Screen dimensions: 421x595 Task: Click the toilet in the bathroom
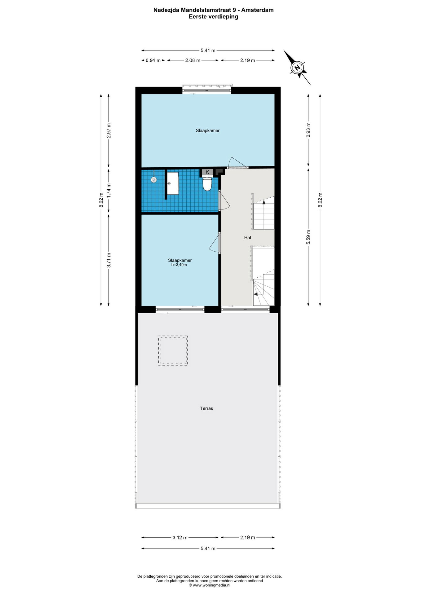[207, 183]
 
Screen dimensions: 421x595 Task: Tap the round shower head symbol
[154, 179]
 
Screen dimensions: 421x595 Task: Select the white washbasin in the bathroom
[173, 183]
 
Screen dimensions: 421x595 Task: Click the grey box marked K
[207, 172]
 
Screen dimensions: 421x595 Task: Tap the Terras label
[206, 408]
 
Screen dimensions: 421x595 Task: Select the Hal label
[247, 238]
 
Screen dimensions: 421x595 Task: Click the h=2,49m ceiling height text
[179, 265]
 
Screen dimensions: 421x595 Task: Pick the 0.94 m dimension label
[153, 60]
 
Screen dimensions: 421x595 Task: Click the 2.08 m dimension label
[193, 60]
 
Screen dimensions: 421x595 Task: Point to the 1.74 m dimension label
[109, 191]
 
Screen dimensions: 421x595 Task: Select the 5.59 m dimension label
[308, 237]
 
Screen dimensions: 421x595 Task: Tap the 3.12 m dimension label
[180, 538]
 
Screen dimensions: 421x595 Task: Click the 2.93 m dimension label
[308, 130]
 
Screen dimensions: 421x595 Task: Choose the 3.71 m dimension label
[109, 260]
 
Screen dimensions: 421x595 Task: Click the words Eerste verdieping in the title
[213, 17]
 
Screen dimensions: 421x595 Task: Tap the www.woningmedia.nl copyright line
[210, 585]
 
